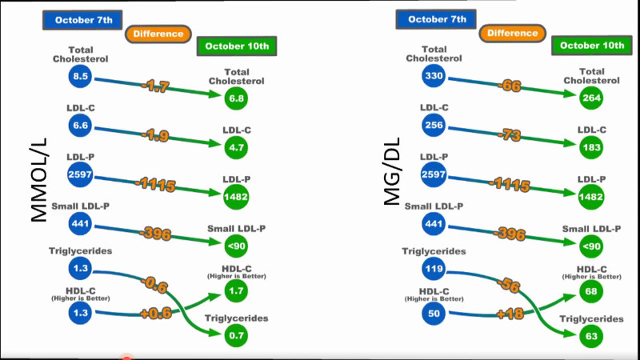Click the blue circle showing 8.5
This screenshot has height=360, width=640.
80,76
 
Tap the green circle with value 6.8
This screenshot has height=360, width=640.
236,98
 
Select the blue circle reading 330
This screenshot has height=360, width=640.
434,76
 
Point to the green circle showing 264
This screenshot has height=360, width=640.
591,98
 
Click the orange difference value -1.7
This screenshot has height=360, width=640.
155,86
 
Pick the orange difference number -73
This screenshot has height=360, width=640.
510,134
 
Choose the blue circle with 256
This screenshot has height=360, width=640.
434,126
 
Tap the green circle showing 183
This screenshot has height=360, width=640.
591,147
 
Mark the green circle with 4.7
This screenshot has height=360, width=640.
236,147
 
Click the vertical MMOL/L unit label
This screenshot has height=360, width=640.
38,180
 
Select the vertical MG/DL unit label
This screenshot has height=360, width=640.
392,171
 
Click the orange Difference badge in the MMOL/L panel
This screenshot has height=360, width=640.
158,34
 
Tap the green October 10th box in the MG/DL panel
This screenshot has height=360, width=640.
592,46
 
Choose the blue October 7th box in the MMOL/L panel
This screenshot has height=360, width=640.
82,20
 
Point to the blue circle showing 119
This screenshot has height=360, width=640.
434,269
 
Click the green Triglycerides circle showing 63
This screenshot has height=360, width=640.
591,336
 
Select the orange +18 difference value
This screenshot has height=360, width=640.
510,314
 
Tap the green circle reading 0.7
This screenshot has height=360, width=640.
236,335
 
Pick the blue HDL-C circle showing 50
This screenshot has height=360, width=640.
434,313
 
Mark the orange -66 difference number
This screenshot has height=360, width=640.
510,86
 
